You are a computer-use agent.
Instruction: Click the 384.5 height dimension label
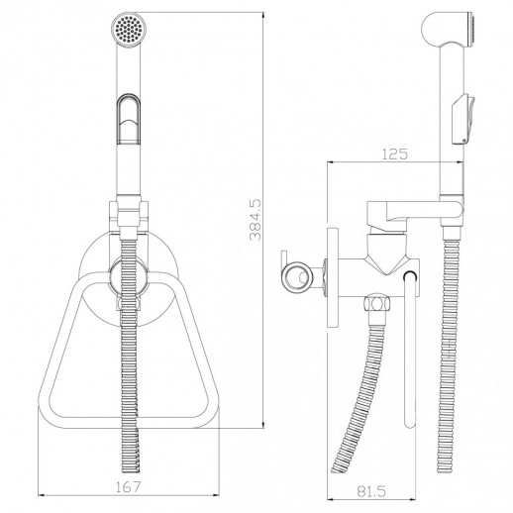(256, 220)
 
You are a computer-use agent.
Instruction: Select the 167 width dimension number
(129, 487)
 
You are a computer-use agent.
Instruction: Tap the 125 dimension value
(395, 154)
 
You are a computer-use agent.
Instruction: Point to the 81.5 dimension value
(371, 492)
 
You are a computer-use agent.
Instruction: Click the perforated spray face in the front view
(129, 28)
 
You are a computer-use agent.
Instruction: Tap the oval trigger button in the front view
(129, 119)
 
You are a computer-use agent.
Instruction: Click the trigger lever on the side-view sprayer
(463, 119)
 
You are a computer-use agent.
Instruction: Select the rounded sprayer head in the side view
(449, 31)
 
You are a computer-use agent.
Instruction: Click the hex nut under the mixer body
(376, 303)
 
